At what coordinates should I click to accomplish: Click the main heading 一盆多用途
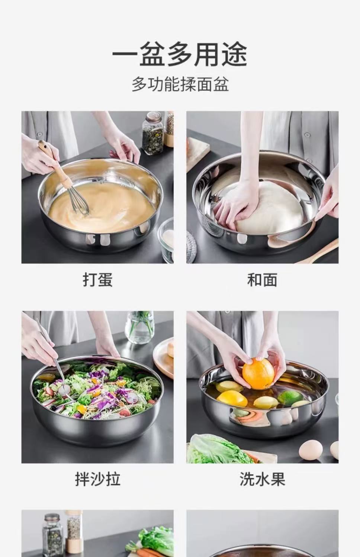(x=180, y=54)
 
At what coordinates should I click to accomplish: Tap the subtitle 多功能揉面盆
(x=180, y=84)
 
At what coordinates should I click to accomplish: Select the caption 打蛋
(x=97, y=280)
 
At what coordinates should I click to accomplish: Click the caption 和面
(x=262, y=280)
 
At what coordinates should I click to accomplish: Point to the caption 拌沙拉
(x=97, y=479)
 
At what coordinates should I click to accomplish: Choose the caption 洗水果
(x=262, y=479)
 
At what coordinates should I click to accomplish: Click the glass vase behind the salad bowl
(x=139, y=327)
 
